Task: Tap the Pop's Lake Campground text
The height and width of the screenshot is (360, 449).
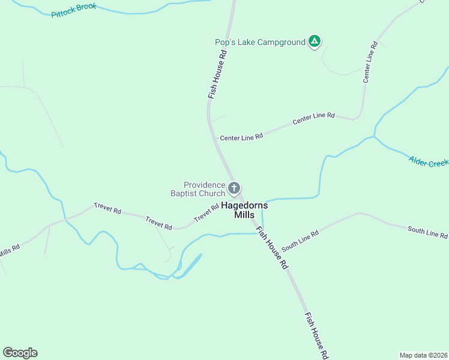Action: coord(260,42)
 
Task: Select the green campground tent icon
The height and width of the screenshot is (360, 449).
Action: coord(314,41)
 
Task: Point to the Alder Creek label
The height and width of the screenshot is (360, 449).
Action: coord(429,161)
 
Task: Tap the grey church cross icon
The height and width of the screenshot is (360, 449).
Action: coord(234,188)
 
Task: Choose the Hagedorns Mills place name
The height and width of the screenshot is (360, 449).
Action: coord(244,209)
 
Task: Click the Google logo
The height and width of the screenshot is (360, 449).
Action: coord(20,353)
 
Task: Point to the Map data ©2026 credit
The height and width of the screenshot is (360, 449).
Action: coord(423,355)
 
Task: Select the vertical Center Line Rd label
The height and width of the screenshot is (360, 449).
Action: coord(370,62)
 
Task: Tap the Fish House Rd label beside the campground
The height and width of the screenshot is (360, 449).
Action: coord(217,73)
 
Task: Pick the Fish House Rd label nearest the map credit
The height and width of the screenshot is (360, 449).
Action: coord(316,336)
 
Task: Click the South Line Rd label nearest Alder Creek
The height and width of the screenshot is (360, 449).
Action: coord(427,232)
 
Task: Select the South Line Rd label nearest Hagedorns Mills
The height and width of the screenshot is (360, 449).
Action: coord(300,239)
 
